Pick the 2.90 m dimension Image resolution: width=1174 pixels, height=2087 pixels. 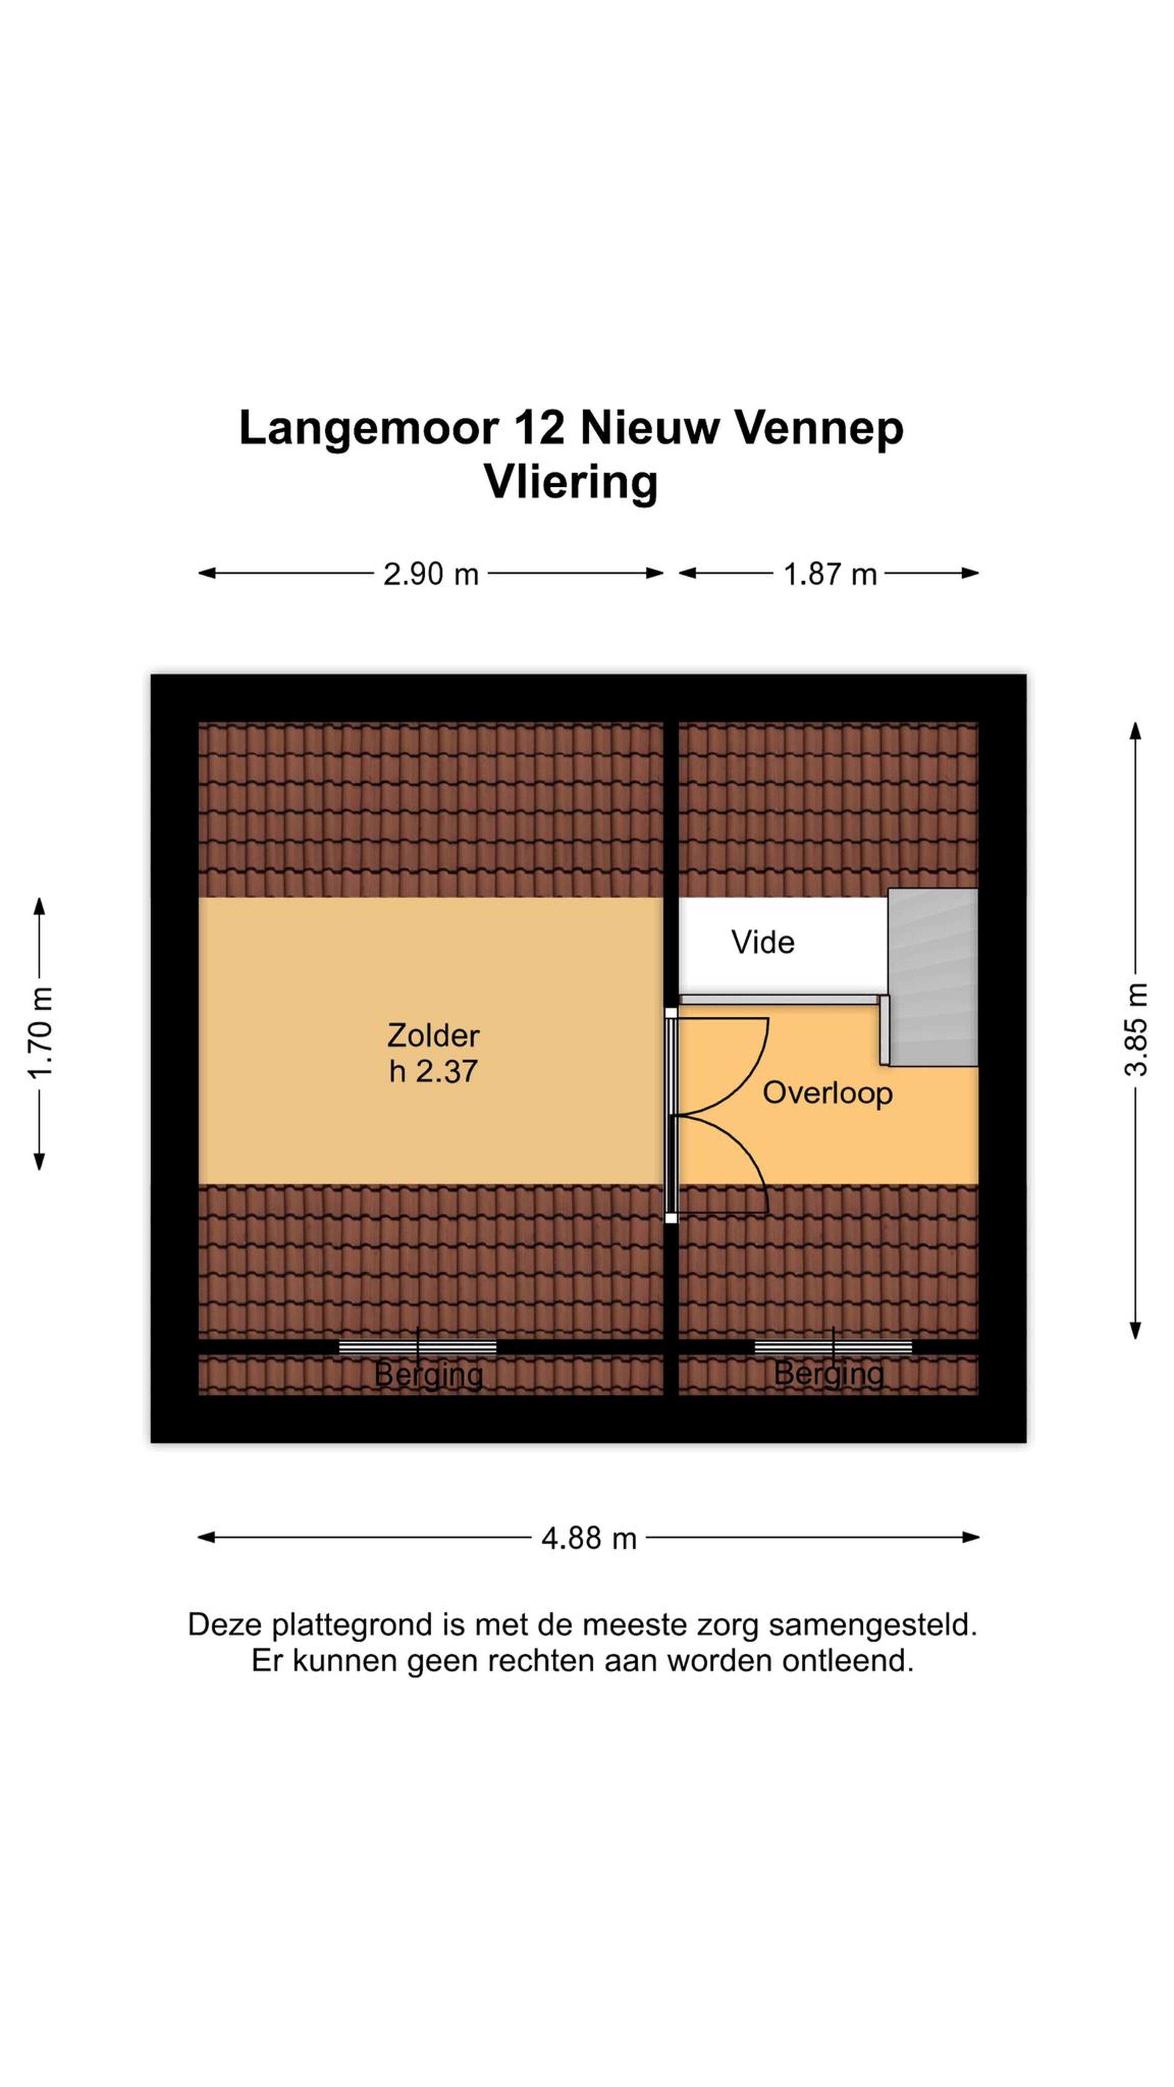[431, 574]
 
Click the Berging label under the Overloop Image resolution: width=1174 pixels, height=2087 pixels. [829, 1373]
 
